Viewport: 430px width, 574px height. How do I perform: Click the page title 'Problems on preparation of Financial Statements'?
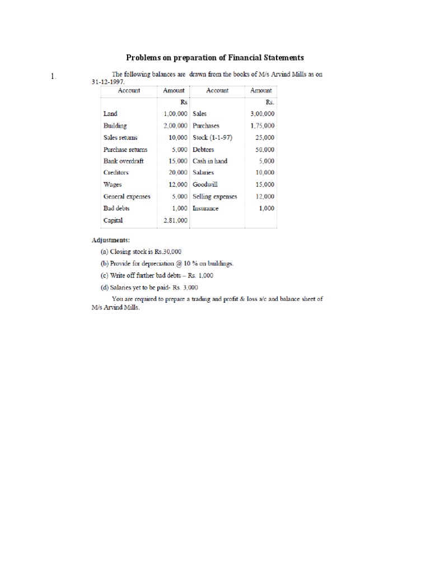point(214,58)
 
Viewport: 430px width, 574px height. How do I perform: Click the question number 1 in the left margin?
point(53,77)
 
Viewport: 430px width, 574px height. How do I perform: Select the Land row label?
point(110,114)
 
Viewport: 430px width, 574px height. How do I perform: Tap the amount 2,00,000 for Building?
point(175,126)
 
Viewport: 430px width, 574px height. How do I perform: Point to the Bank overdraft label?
point(123,161)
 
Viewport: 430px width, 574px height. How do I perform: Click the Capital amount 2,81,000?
point(175,220)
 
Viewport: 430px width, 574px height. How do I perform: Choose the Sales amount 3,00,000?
point(263,114)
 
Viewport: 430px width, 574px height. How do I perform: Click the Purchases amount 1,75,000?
point(263,126)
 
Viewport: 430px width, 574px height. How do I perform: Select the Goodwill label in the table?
point(206,184)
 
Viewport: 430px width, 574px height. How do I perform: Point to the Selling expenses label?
point(215,197)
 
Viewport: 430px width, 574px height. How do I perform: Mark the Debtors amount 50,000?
point(264,150)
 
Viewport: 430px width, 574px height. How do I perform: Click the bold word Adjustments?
point(111,240)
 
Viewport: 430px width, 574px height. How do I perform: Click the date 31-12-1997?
point(107,81)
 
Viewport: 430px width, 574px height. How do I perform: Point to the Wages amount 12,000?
point(177,184)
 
